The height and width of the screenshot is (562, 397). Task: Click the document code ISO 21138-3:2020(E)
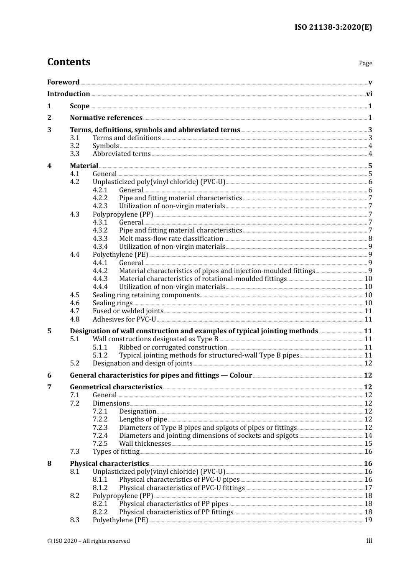pos(333,28)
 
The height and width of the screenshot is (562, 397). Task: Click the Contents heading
pos(69,62)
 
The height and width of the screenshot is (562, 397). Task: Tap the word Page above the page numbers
pos(365,63)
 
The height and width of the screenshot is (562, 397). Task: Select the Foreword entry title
pos(63,82)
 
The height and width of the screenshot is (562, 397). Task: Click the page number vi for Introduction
pos(369,94)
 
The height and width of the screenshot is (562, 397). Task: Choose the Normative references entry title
pos(106,118)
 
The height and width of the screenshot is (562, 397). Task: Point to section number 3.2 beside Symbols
pos(74,146)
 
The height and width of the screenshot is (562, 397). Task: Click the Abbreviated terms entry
pos(122,154)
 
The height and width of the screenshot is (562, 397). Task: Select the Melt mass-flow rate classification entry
pos(171,239)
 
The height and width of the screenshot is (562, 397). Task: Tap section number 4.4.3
pos(100,279)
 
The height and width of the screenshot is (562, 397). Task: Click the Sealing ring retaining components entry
pos(146,295)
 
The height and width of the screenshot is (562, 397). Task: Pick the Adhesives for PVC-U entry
pos(124,319)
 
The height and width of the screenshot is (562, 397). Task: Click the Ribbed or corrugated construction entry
pos(173,347)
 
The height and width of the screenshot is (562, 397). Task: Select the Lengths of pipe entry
pos(143,419)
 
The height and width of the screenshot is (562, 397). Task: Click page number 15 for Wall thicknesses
pos(368,444)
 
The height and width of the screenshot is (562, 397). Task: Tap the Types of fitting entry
pos(116,452)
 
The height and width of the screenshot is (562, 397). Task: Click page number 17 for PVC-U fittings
pos(368,488)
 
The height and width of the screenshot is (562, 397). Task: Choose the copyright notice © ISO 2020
pos(88,541)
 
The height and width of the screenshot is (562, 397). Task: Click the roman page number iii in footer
pos(369,541)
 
